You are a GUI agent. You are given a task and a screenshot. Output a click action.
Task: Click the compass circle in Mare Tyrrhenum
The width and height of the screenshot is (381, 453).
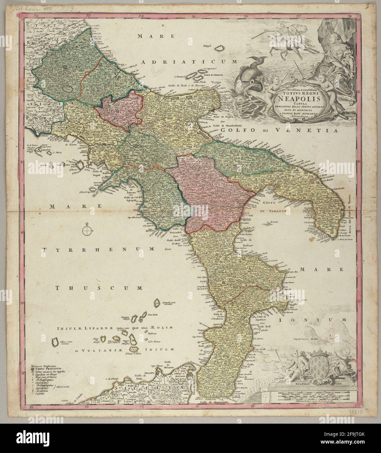tap(87, 231)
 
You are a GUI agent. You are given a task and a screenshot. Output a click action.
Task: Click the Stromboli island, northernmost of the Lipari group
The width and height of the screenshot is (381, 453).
tap(157, 303)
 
